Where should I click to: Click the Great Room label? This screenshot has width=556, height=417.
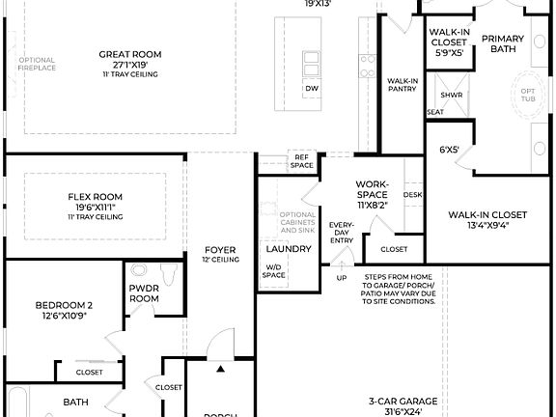tap(128, 55)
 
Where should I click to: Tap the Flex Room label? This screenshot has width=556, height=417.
tap(95, 197)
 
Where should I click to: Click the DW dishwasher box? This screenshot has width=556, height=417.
tap(311, 89)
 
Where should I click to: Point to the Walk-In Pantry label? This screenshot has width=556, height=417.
tap(401, 85)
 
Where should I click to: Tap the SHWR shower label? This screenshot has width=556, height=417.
tap(451, 96)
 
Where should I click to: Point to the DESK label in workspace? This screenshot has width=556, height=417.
tap(413, 194)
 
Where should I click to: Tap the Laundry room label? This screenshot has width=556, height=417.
tap(288, 249)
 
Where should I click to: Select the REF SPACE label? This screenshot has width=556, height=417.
tap(302, 161)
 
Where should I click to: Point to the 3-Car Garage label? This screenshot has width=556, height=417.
tap(403, 402)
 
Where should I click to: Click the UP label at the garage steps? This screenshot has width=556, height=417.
tap(340, 279)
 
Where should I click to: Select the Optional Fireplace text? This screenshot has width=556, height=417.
tap(37, 65)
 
